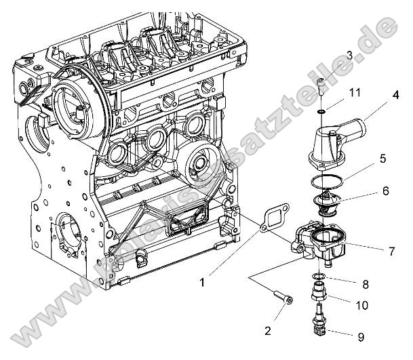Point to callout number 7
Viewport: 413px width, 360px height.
tap(391, 251)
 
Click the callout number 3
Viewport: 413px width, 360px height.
tap(349, 55)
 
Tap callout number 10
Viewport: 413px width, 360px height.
tap(361, 305)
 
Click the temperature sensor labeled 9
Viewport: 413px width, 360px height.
tap(319, 323)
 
